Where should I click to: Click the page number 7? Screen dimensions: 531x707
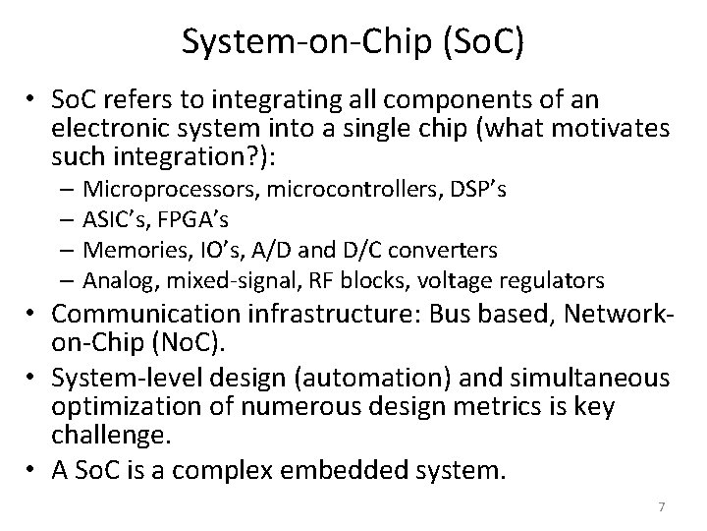click(x=662, y=506)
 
